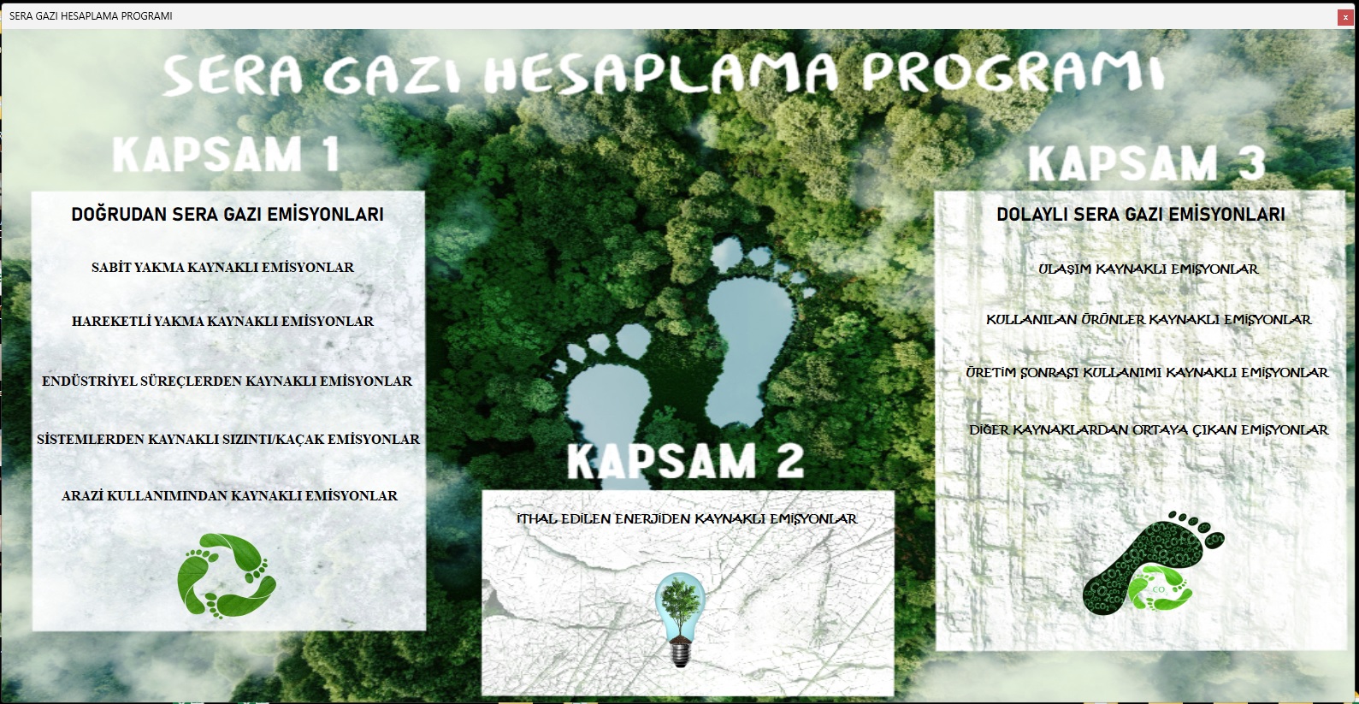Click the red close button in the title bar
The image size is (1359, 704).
[x=1344, y=17]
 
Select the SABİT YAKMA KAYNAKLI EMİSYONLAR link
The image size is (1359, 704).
[x=222, y=268]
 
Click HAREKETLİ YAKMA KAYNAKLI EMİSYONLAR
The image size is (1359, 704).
[x=222, y=321]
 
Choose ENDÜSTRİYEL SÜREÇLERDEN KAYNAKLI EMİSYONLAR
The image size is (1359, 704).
[x=227, y=382]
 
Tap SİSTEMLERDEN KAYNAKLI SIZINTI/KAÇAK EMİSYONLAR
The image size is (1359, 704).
[x=228, y=440]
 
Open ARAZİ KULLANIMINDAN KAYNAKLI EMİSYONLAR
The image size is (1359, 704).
[x=229, y=496]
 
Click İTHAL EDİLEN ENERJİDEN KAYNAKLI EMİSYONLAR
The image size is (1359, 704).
[x=687, y=519]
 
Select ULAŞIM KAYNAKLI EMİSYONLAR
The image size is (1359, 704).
[x=1149, y=269]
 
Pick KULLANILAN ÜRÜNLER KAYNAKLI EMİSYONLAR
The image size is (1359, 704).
[x=1149, y=320]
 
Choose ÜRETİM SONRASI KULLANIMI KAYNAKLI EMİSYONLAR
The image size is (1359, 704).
[x=1147, y=373]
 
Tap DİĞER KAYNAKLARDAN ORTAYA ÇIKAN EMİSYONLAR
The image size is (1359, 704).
[x=1149, y=430]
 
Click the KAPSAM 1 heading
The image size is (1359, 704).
[x=226, y=155]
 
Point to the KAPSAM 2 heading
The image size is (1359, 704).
[x=686, y=460]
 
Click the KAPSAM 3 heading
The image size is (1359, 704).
[x=1147, y=163]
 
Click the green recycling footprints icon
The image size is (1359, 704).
[x=227, y=576]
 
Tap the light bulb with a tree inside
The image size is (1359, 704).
[x=680, y=619]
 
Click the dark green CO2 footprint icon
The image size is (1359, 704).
[x=1153, y=563]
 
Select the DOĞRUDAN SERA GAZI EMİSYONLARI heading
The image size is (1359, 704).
[x=227, y=214]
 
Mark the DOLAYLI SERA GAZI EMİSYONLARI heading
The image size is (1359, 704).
[x=1141, y=214]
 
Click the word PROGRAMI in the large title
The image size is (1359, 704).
[x=1013, y=72]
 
